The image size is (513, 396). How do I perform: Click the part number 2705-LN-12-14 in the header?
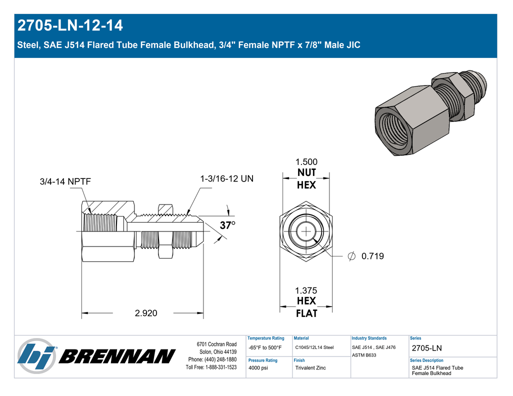[70, 25]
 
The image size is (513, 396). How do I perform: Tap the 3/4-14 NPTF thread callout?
[65, 181]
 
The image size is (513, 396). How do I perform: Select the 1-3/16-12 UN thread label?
[226, 178]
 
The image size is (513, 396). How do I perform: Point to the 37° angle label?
[227, 225]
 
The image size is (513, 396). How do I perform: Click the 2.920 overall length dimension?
[146, 313]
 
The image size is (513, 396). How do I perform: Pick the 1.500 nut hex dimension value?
[306, 162]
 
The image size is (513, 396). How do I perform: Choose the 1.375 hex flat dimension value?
[306, 290]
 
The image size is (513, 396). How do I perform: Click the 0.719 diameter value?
[372, 256]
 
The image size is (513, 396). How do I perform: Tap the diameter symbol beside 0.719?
[351, 256]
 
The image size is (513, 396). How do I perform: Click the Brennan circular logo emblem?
[36, 356]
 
